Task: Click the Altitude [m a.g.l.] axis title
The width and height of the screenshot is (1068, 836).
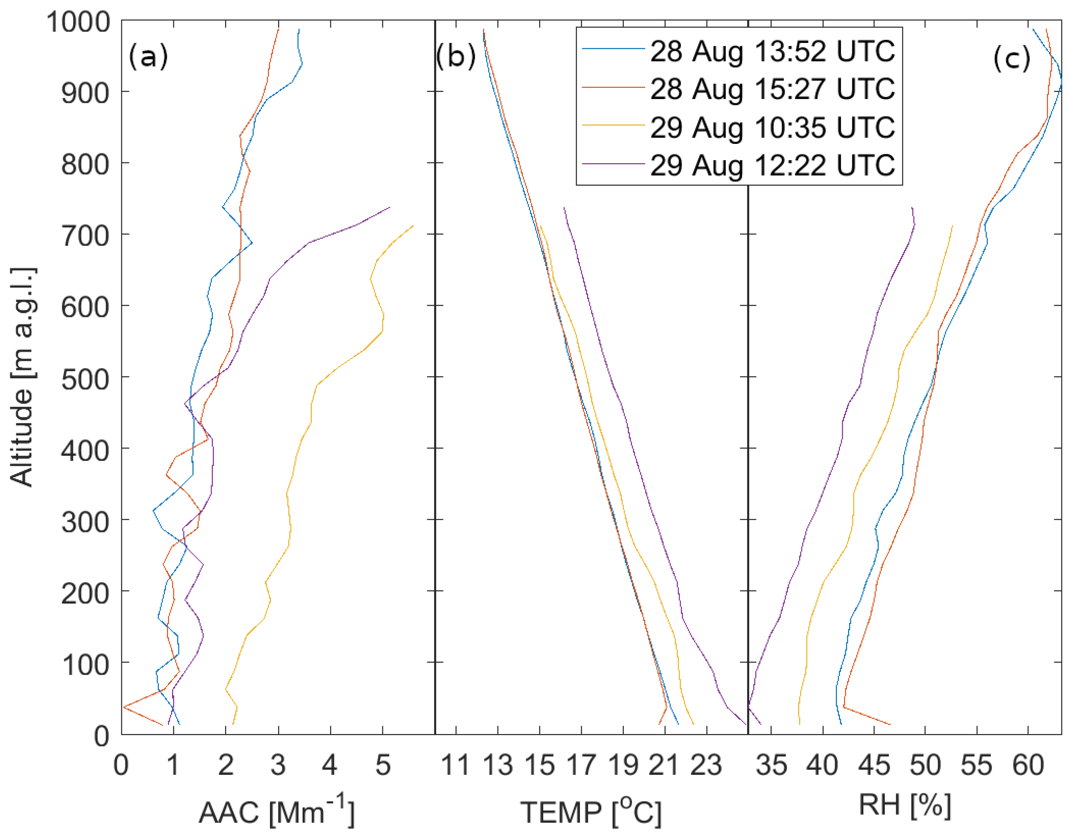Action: click(22, 377)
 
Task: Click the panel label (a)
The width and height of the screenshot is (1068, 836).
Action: click(148, 56)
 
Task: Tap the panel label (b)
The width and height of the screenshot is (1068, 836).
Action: click(455, 56)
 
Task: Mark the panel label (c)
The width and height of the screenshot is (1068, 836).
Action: click(1011, 59)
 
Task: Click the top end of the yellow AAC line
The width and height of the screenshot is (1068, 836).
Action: click(413, 226)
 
